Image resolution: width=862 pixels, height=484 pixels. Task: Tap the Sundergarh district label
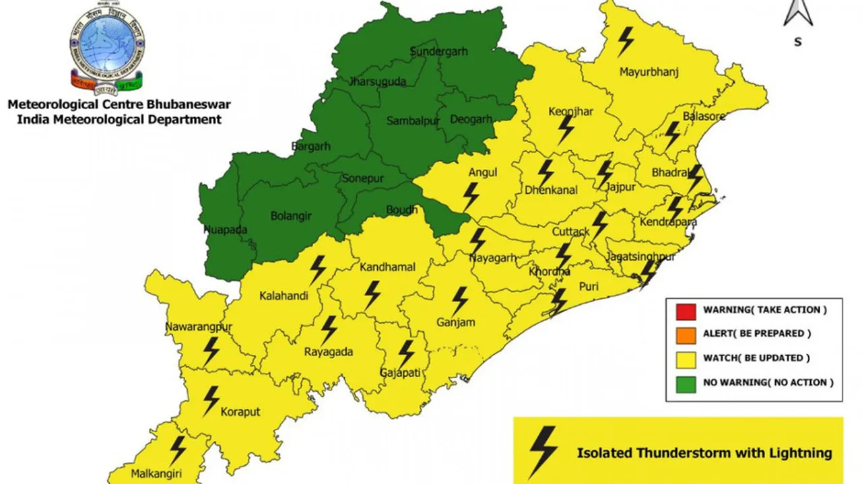pyautogui.click(x=438, y=52)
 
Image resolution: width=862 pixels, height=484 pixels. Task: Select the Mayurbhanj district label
pyautogui.click(x=649, y=71)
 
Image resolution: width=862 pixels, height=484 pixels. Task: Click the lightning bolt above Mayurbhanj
pyautogui.click(x=626, y=41)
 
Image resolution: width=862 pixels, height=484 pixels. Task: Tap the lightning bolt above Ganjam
pyautogui.click(x=460, y=300)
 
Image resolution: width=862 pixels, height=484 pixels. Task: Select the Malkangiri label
pyautogui.click(x=156, y=473)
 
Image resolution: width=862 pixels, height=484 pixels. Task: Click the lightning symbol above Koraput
pyautogui.click(x=211, y=400)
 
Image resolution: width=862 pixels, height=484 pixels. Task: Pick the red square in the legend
pyautogui.click(x=686, y=311)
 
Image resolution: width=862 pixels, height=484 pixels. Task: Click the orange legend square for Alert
pyautogui.click(x=686, y=335)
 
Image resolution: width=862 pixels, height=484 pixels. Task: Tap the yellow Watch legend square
pyautogui.click(x=686, y=358)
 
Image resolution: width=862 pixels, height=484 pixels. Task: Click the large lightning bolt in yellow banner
pyautogui.click(x=542, y=451)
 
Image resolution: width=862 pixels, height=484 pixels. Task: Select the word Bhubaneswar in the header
pyautogui.click(x=190, y=105)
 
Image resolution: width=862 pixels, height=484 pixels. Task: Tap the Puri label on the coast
pyautogui.click(x=589, y=286)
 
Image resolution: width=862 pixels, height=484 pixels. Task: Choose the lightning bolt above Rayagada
pyautogui.click(x=329, y=330)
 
